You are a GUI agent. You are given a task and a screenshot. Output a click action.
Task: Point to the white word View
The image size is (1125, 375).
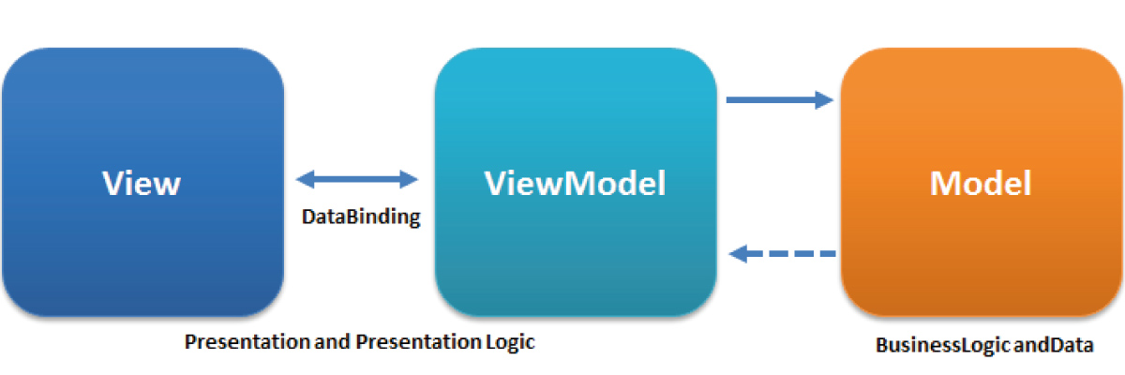click(141, 183)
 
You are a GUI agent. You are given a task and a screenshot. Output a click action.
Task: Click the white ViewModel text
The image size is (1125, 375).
click(575, 183)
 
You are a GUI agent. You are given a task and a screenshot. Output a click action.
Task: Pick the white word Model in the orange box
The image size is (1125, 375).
click(981, 183)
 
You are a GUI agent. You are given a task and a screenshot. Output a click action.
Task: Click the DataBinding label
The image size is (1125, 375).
click(361, 217)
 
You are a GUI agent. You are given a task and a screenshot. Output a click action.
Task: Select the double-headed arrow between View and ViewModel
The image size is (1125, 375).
click(357, 179)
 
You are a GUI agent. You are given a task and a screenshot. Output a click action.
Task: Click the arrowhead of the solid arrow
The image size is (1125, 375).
click(825, 99)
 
